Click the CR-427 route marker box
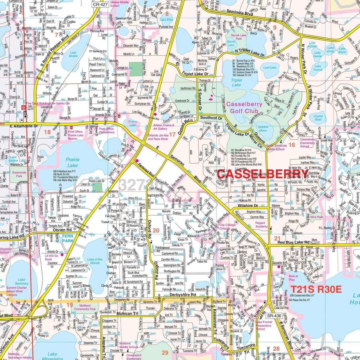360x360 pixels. coord(100,4)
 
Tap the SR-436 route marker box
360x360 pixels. coord(274,316)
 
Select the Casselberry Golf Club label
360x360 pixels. coord(244,108)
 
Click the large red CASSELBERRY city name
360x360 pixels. coord(262,174)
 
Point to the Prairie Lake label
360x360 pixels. coord(72,163)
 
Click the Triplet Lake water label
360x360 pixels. coord(236,82)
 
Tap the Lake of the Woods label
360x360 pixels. coord(95,261)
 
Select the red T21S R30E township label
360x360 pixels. coord(316,289)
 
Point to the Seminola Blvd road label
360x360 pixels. coord(240,14)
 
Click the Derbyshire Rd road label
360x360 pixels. coord(183,295)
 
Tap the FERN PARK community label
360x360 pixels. coord(68,238)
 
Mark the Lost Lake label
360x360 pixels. coord(270,68)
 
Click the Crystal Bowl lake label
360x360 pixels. coord(318,118)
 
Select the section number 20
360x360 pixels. coord(156,230)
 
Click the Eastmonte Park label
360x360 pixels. coord(19,174)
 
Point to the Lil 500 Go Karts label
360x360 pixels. coord(51,257)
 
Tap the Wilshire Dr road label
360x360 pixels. coord(248,205)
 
